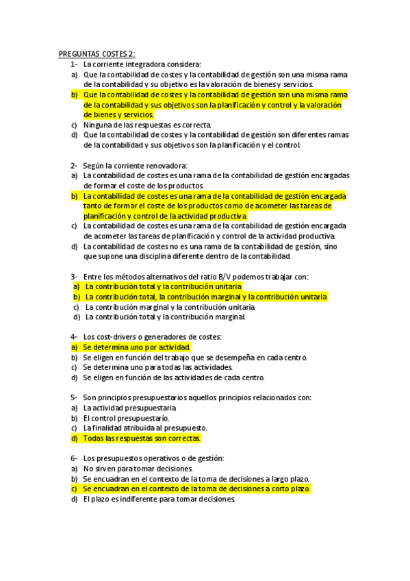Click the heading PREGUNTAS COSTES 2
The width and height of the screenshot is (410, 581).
point(97,54)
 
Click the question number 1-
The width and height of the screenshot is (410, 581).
point(74,64)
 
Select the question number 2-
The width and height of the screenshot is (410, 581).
point(74,165)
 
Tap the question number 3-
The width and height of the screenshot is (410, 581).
point(74,277)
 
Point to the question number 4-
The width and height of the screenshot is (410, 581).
point(74,336)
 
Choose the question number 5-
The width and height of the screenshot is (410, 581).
point(74,397)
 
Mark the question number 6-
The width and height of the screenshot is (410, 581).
point(74,458)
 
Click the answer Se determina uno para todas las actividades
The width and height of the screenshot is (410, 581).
point(155,367)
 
